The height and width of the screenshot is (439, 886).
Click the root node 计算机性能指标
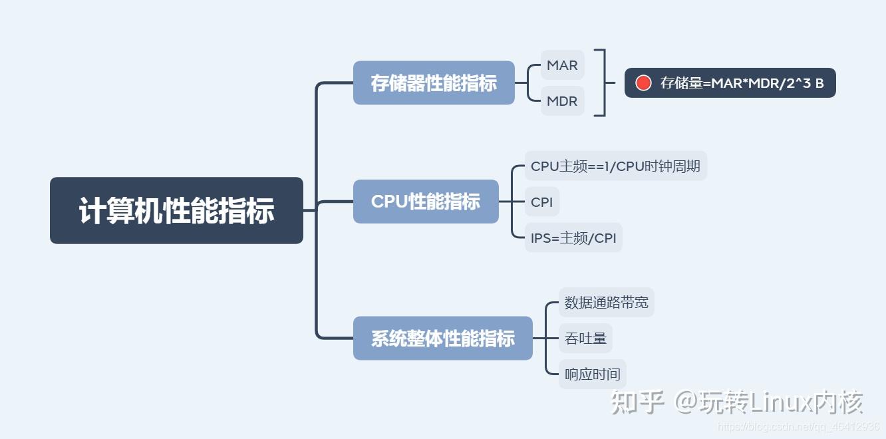[x=176, y=211]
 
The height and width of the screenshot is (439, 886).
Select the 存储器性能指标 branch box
[x=434, y=83]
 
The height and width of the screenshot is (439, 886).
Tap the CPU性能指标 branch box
[x=426, y=202]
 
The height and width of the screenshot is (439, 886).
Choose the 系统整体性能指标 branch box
[x=442, y=339]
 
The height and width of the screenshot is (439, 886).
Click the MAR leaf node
[x=562, y=65]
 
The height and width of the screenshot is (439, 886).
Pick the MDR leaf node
[x=562, y=101]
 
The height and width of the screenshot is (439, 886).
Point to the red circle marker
[x=643, y=83]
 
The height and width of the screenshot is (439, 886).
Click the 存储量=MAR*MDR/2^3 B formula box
[x=730, y=83]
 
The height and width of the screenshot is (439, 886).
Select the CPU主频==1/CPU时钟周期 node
[x=615, y=166]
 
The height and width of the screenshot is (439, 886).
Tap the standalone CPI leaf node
[x=542, y=202]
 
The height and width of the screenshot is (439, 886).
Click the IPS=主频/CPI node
[x=573, y=237]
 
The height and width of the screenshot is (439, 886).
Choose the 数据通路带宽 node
[x=606, y=303]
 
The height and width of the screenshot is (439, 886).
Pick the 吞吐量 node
[x=585, y=339]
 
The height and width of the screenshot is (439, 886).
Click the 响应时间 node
[x=592, y=374]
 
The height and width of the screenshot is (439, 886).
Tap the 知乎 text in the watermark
[x=638, y=402]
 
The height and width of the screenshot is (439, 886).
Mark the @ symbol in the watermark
[x=685, y=402]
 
